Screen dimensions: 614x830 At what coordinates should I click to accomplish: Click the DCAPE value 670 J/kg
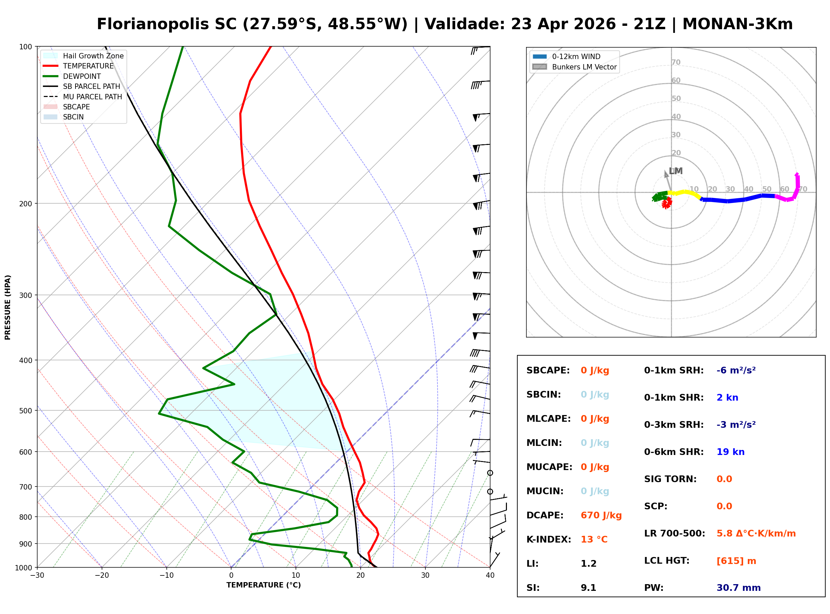(601, 515)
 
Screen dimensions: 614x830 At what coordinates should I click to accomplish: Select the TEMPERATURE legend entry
(88, 66)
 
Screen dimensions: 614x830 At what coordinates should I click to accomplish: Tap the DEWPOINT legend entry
(82, 76)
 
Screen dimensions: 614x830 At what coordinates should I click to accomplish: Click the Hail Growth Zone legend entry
(93, 56)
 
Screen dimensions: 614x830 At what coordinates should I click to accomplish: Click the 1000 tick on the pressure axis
(24, 568)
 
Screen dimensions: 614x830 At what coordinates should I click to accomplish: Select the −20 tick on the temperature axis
(101, 575)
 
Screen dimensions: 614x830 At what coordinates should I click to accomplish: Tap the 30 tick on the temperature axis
(425, 575)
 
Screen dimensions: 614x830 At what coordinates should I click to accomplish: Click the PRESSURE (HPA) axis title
(8, 307)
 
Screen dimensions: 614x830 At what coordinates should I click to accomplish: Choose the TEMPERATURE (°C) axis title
(263, 585)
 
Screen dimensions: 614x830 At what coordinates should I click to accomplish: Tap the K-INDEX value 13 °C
(594, 539)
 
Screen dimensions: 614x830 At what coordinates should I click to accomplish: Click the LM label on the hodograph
(675, 171)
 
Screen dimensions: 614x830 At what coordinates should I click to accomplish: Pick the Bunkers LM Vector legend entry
(584, 67)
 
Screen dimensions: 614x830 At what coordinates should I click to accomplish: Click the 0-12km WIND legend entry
(576, 56)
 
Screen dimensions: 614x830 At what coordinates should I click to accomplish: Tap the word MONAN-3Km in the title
(737, 24)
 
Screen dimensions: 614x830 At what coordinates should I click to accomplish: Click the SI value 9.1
(588, 587)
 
